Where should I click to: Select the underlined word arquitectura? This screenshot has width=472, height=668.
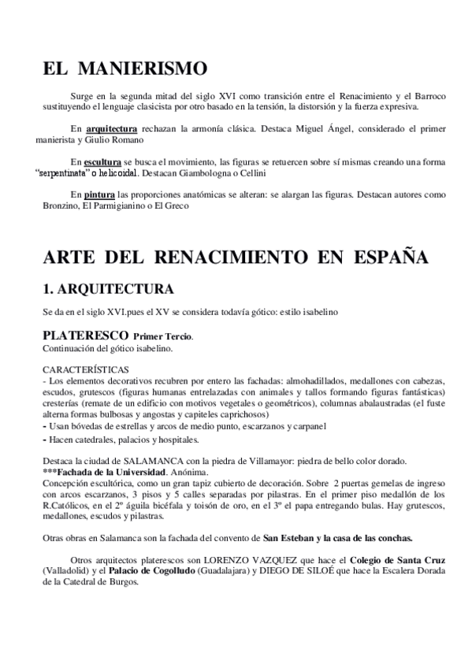[x=112, y=128]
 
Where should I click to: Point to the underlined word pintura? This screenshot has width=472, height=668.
[x=100, y=194]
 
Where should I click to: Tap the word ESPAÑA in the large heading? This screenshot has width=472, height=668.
[x=384, y=257]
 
